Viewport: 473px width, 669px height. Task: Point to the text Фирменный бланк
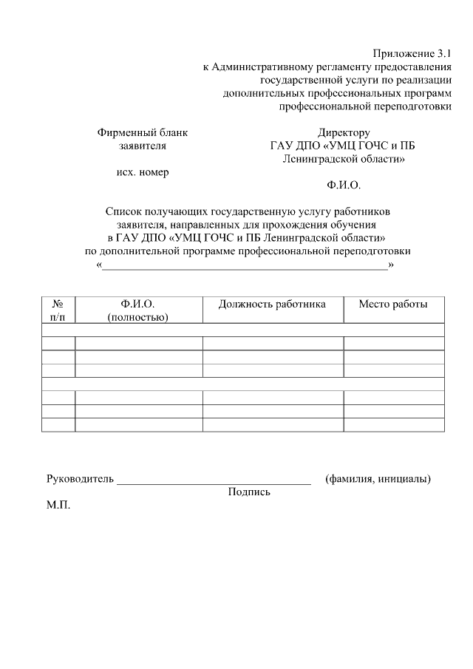[x=143, y=133]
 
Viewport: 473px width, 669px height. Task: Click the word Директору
[x=344, y=133]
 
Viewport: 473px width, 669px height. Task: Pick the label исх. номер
[x=143, y=172]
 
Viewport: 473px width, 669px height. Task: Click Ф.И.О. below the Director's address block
[x=344, y=185]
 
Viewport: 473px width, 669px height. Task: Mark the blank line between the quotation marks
[x=245, y=269]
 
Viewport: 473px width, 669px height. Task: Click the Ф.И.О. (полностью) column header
[x=138, y=310]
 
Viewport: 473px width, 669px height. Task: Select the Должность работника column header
[x=272, y=305]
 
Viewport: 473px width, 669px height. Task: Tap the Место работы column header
[x=393, y=305]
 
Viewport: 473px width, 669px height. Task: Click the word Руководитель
[x=80, y=479]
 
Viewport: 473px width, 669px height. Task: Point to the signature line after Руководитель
[x=214, y=482]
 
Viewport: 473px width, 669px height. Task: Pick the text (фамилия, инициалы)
[x=378, y=479]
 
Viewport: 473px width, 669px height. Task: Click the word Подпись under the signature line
[x=249, y=492]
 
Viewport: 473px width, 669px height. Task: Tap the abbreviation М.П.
[x=58, y=508]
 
